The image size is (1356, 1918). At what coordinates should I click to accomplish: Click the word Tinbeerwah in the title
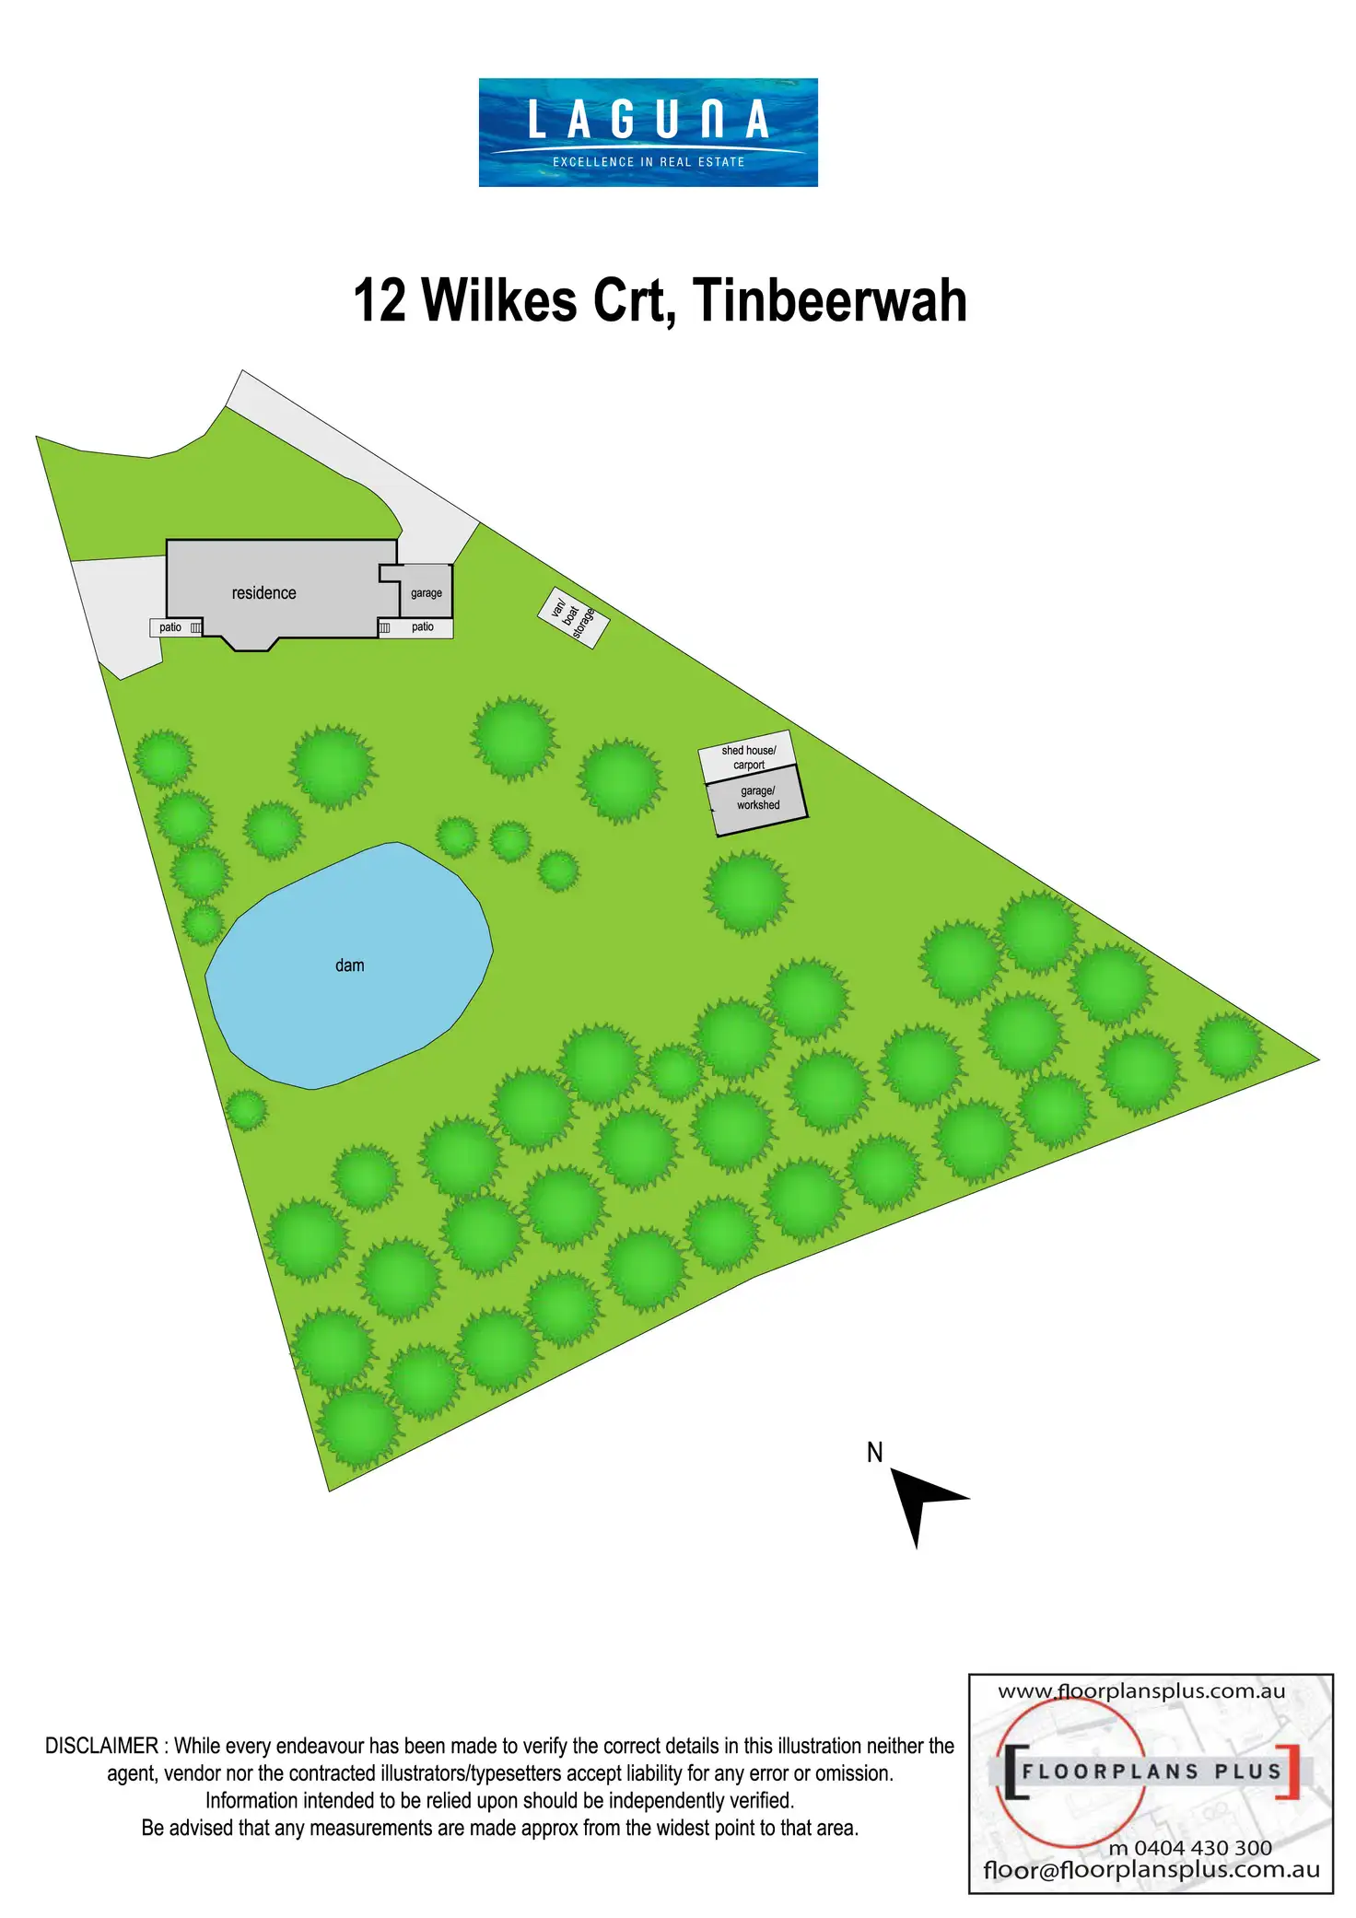point(829,301)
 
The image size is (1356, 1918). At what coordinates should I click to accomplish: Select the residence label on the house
point(263,593)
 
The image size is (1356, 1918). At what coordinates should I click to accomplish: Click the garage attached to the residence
point(426,592)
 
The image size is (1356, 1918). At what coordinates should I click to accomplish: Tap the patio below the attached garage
point(422,627)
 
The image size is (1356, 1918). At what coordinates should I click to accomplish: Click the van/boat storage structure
point(573,617)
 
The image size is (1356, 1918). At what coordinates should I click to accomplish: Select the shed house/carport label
point(748,757)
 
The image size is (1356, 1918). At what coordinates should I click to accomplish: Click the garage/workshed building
point(757,799)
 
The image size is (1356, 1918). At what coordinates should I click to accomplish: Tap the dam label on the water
point(349,965)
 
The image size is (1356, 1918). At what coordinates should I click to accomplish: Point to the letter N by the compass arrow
point(874,1453)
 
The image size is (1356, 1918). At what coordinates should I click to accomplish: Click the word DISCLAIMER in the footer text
point(101,1746)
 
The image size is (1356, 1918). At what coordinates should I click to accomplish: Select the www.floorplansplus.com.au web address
point(1141,1691)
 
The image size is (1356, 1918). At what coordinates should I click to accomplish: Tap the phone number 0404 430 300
point(1202,1848)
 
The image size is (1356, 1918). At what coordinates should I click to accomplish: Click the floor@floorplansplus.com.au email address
point(1151,1870)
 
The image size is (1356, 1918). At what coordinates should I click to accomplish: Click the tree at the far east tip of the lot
point(1229,1046)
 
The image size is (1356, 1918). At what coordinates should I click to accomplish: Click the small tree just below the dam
point(246,1109)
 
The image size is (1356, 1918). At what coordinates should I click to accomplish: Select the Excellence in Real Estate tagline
point(648,162)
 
